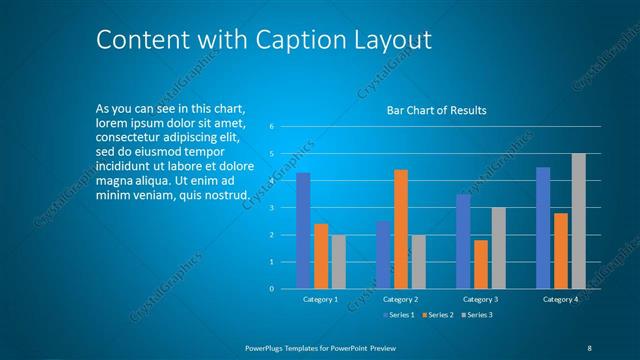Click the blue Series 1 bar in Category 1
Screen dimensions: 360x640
point(303,231)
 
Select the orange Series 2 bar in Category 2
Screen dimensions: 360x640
point(400,229)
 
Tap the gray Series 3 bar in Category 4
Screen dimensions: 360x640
point(578,221)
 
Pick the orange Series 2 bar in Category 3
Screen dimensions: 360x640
point(481,264)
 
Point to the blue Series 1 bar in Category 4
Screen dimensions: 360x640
point(543,228)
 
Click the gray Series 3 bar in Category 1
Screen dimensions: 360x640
point(339,262)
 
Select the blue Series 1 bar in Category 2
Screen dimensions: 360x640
point(383,255)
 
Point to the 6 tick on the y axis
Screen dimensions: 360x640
point(270,127)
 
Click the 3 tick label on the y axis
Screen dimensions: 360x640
point(270,208)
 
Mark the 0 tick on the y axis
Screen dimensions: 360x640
point(270,289)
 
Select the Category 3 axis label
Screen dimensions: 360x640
point(480,299)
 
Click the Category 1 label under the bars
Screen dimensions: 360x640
point(320,299)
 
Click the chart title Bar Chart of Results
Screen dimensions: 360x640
point(436,111)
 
